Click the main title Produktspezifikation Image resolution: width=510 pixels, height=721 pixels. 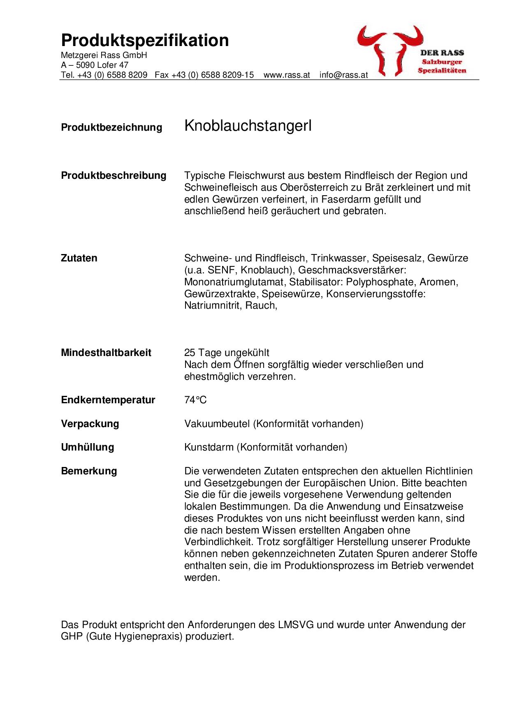click(x=145, y=41)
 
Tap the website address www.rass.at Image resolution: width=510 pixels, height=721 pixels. click(x=287, y=75)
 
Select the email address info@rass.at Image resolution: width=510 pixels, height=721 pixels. click(x=343, y=75)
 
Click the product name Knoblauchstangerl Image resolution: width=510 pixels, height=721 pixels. click(x=248, y=126)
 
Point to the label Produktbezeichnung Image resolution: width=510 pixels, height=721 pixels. click(x=111, y=127)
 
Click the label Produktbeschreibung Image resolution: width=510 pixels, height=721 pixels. click(x=114, y=176)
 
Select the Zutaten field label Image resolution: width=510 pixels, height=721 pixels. click(x=79, y=258)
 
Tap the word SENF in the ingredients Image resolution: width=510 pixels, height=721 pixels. click(x=224, y=270)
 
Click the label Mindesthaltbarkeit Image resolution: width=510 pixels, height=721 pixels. click(x=106, y=353)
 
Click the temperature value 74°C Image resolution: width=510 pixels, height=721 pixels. click(x=195, y=400)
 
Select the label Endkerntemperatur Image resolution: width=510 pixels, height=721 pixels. click(x=108, y=400)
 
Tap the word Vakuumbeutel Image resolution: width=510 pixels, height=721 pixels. click(x=217, y=424)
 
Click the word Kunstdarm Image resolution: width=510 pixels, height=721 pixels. click(x=209, y=447)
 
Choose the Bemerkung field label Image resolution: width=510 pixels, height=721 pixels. click(x=89, y=471)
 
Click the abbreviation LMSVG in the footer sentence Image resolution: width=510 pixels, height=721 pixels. click(x=296, y=625)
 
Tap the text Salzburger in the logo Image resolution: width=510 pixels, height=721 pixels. click(x=442, y=62)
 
